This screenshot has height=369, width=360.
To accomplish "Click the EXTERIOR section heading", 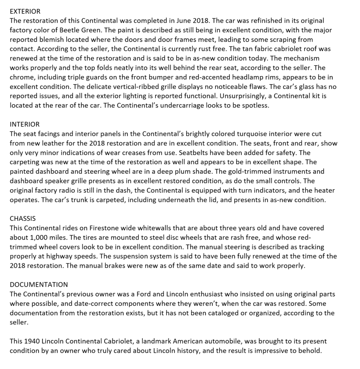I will [x=25, y=11].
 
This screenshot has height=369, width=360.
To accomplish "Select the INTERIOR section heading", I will [x=25, y=124].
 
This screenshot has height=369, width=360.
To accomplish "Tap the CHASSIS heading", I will [x=23, y=218].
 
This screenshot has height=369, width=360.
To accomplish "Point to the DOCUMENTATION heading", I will [x=39, y=285].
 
